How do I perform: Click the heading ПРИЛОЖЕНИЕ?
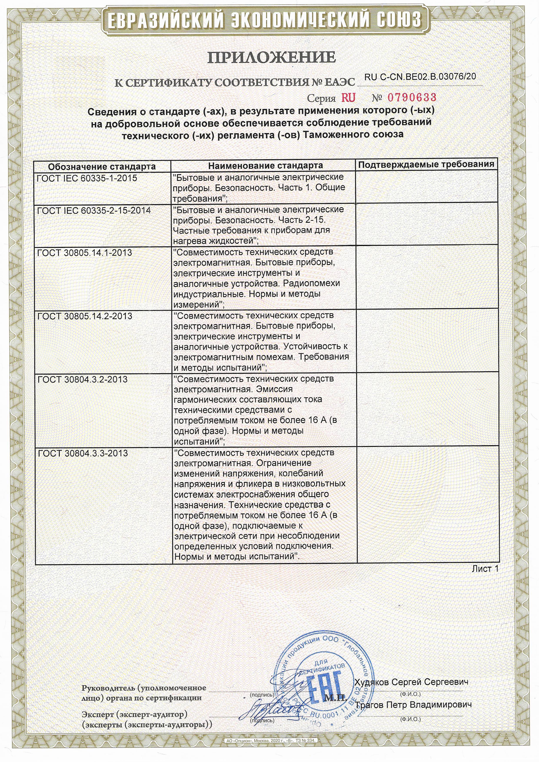pyautogui.click(x=271, y=57)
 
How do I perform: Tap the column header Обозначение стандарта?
pyautogui.click(x=102, y=166)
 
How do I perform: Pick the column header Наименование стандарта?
pyautogui.click(x=265, y=165)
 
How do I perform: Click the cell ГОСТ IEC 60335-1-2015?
pyautogui.click(x=87, y=178)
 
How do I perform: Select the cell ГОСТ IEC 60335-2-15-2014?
pyautogui.click(x=94, y=211)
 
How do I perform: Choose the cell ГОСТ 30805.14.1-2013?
pyautogui.click(x=85, y=253)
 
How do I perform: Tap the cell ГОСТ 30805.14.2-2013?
pyautogui.click(x=85, y=316)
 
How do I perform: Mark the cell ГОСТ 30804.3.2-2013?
pyautogui.click(x=83, y=379)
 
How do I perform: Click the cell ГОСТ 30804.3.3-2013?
pyautogui.click(x=83, y=453)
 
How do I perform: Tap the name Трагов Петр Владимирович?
pyautogui.click(x=413, y=705)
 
